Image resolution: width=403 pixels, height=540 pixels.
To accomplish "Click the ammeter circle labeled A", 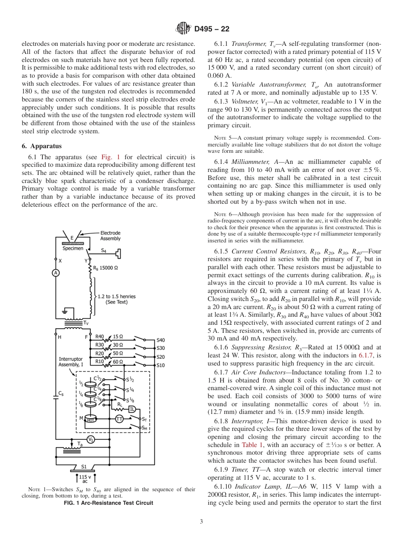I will point(56,273).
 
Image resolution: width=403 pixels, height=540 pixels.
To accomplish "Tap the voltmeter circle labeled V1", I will point(90,439).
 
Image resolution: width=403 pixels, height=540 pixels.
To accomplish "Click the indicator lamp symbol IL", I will point(132,409).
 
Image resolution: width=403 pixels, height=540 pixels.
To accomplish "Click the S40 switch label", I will point(161,340).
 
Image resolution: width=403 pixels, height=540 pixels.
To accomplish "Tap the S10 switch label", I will point(161,365).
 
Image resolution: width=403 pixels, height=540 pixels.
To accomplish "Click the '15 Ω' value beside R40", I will point(118,337).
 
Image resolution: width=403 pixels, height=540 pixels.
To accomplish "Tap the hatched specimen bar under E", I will point(73,243).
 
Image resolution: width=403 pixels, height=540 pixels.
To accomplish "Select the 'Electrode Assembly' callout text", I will point(110,236).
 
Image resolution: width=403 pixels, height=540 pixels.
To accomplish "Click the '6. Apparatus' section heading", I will point(41,146).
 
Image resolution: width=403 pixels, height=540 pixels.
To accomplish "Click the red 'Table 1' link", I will point(252,445).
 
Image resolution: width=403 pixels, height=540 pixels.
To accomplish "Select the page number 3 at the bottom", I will point(201,522).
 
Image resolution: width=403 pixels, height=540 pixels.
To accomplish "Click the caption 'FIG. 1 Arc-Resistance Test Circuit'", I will point(108,503).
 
